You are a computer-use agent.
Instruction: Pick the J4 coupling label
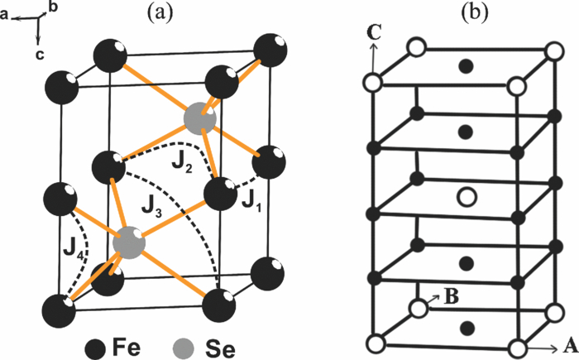tap(75, 247)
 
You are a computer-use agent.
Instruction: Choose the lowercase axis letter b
tap(54, 7)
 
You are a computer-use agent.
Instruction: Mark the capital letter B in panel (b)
tap(447, 294)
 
